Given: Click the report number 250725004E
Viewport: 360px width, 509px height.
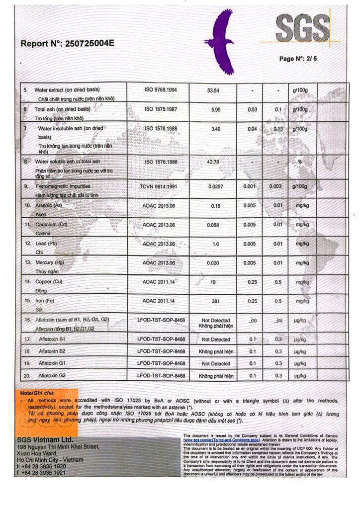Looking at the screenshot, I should (87, 43).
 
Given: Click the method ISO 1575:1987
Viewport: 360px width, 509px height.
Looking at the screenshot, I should (161, 109).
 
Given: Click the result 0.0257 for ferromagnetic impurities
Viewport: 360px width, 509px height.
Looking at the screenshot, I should (215, 186).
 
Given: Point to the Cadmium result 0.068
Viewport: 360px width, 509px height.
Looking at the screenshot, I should (215, 225).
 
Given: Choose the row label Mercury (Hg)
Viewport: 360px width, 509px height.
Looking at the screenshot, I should (49, 262).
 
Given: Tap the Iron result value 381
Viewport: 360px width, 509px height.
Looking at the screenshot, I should (215, 301).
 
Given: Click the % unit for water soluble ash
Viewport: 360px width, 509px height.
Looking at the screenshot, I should (299, 162).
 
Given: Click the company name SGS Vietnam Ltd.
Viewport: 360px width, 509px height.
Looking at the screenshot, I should (45, 440).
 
